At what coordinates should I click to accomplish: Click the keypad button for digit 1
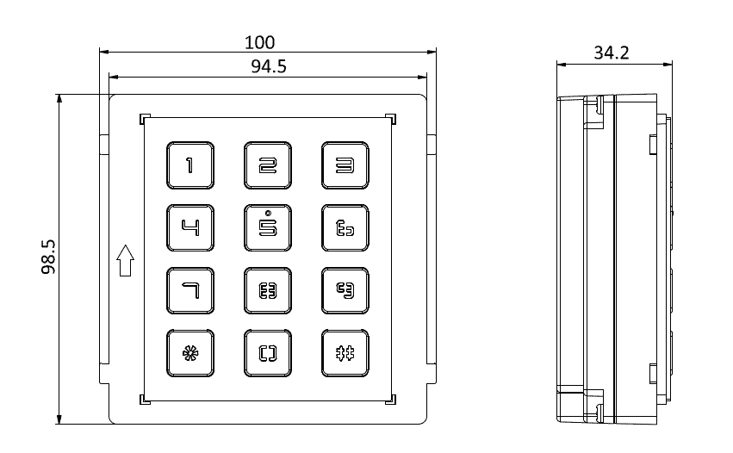click(189, 165)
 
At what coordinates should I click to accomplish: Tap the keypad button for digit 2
click(268, 165)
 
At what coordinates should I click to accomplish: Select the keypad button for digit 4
click(189, 228)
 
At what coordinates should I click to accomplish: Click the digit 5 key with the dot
click(268, 229)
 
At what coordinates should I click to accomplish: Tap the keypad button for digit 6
click(345, 228)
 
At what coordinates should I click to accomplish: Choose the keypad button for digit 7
click(189, 291)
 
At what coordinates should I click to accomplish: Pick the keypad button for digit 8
click(268, 291)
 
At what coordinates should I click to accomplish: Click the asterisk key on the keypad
click(189, 354)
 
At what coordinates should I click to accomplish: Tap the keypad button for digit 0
click(268, 354)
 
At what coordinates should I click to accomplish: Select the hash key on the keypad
click(345, 354)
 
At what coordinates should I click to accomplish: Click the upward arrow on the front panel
click(125, 260)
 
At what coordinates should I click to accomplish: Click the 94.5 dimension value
click(268, 68)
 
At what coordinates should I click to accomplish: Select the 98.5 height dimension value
click(49, 258)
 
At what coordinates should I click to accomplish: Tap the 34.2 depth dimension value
click(612, 53)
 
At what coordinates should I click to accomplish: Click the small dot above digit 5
click(268, 213)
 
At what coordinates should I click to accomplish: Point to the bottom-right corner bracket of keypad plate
click(392, 399)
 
